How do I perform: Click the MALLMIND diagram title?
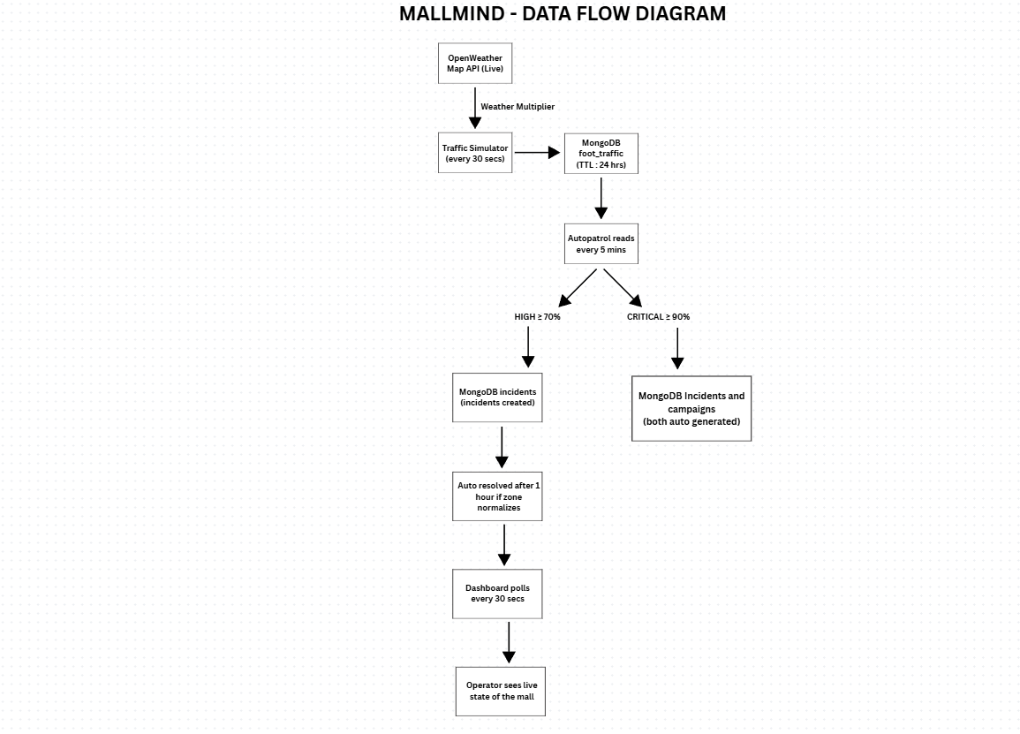coord(562,13)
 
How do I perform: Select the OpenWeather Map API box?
coord(475,63)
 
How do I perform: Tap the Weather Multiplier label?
coord(518,107)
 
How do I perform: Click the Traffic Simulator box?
coord(475,154)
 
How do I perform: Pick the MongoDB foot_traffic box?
coord(601,154)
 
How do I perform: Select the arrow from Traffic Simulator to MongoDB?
coord(537,153)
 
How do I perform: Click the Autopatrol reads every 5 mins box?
coord(601,244)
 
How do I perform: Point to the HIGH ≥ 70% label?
coord(537,317)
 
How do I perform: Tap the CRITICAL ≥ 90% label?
coord(658,317)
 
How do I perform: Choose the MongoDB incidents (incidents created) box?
coord(498,397)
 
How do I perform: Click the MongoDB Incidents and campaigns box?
coord(691,409)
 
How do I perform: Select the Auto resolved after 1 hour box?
coord(498,496)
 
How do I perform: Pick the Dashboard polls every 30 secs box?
coord(498,594)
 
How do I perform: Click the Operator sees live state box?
coord(501,691)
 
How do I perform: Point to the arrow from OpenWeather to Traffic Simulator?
coord(475,108)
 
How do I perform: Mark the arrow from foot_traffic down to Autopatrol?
coord(601,199)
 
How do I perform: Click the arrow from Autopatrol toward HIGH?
coord(578,288)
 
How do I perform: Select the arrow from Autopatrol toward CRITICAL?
coord(623,288)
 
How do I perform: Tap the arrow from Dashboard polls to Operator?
coord(509,643)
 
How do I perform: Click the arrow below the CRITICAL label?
coord(677,349)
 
